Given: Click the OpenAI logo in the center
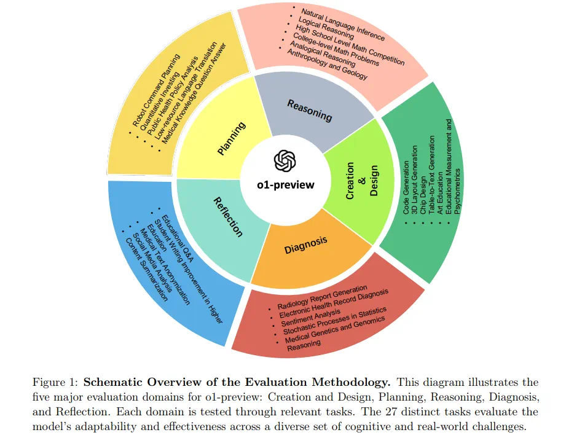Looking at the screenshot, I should click(285, 161).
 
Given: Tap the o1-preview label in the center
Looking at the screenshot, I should click(285, 185).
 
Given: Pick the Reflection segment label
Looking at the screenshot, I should click(228, 216).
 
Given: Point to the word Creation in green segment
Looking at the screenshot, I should click(350, 181).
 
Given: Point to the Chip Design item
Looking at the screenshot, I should click(423, 188).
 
